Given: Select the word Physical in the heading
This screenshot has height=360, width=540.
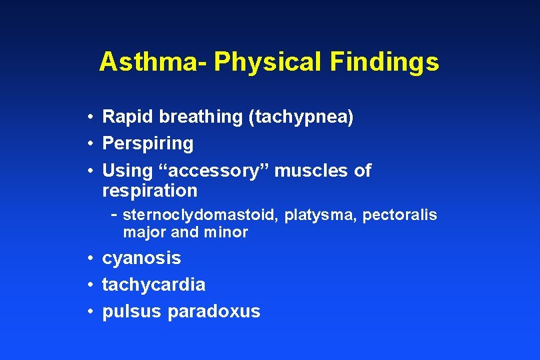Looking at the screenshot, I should point(267,62).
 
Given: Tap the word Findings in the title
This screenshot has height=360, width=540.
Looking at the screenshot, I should point(384,62).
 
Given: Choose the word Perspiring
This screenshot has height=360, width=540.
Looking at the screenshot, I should point(147,144).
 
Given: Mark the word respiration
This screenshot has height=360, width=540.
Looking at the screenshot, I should point(149,191).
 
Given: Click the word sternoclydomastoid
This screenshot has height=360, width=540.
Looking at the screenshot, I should point(201,215).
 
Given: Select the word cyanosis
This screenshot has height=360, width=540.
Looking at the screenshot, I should point(141,258).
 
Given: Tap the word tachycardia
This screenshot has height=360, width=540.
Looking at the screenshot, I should point(153,285).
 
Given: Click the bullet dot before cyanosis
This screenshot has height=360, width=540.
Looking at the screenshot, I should point(89,258).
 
